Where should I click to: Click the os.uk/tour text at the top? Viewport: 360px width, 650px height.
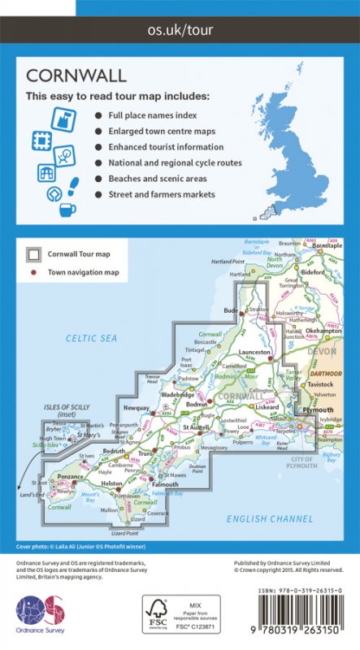[180, 32]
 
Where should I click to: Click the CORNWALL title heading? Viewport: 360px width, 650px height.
[76, 76]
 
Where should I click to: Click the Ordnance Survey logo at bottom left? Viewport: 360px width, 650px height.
[40, 613]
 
